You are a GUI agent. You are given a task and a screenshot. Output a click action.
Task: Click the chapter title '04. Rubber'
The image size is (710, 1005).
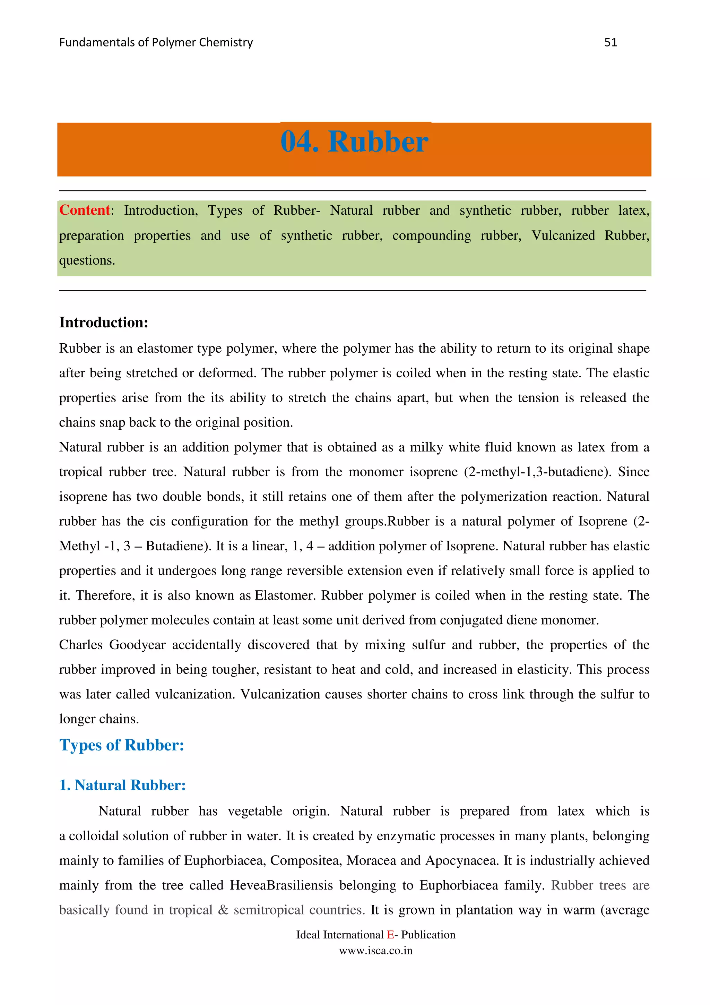click(354, 142)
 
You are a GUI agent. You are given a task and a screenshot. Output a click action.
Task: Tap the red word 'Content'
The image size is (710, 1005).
click(85, 210)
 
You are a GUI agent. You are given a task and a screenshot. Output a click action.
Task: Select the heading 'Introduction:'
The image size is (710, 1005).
click(104, 323)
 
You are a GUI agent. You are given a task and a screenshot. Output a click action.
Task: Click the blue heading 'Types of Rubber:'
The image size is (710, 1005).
click(122, 745)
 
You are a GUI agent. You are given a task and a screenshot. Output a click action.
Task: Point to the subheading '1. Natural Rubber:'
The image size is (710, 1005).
click(122, 785)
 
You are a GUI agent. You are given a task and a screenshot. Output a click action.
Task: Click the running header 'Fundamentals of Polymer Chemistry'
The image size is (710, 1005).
click(156, 42)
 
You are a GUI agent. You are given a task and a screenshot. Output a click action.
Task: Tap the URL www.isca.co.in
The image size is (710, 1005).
click(376, 950)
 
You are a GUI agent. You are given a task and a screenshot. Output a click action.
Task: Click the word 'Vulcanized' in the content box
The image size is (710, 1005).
click(563, 235)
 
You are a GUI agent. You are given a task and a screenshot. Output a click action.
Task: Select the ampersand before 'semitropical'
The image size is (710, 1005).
click(223, 910)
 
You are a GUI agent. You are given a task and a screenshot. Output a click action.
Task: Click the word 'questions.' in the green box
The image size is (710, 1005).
click(87, 260)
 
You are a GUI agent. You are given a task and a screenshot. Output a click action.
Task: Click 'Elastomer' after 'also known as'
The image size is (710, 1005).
click(284, 595)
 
